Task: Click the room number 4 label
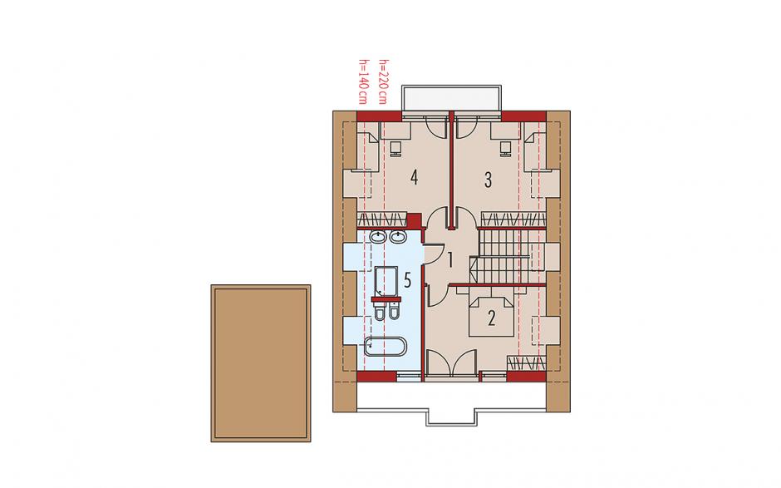[x=414, y=177]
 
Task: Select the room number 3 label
[x=489, y=180]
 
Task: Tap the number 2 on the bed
[x=492, y=318]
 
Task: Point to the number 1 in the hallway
[x=450, y=259]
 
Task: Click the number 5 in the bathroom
[x=407, y=280]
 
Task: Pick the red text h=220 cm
[x=383, y=81]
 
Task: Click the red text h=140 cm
[x=363, y=81]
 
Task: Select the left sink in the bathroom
[x=379, y=237]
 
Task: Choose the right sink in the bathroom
[x=397, y=237]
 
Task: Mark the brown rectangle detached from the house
[x=261, y=363]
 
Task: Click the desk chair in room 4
[x=396, y=148]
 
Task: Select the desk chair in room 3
[x=505, y=148]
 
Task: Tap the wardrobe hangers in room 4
[x=382, y=219]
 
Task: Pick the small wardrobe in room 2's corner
[x=527, y=363]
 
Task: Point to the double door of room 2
[x=451, y=363]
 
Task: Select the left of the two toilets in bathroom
[x=380, y=311]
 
